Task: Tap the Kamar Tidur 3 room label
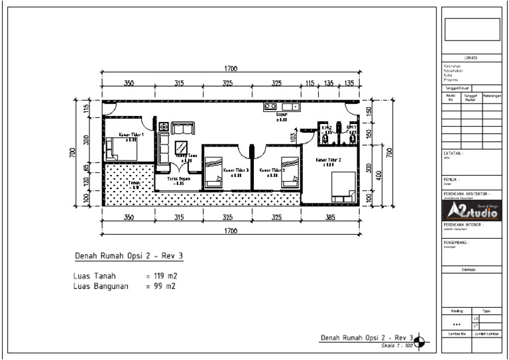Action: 236,170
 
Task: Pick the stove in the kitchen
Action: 270,106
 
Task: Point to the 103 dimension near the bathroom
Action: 293,137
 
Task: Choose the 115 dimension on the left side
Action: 85,109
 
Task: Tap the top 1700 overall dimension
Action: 231,69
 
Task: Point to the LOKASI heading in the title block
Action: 471,58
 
